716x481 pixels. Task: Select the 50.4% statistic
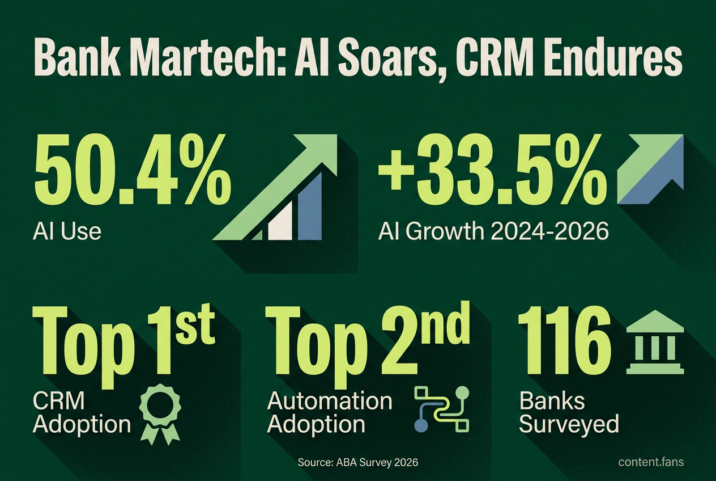131,169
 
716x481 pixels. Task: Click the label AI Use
67,231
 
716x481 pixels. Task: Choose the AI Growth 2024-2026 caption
493,231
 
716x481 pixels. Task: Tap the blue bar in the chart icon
310,206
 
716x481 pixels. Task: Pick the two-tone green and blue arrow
650,170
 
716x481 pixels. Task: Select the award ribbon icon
160,415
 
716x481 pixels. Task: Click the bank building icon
655,342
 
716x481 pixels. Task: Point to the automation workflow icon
441,410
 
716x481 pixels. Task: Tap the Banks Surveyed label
569,412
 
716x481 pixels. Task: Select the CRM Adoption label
82,412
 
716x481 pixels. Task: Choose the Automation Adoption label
330,412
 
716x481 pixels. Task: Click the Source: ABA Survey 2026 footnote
358,462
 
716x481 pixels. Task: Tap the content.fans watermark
651,462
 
